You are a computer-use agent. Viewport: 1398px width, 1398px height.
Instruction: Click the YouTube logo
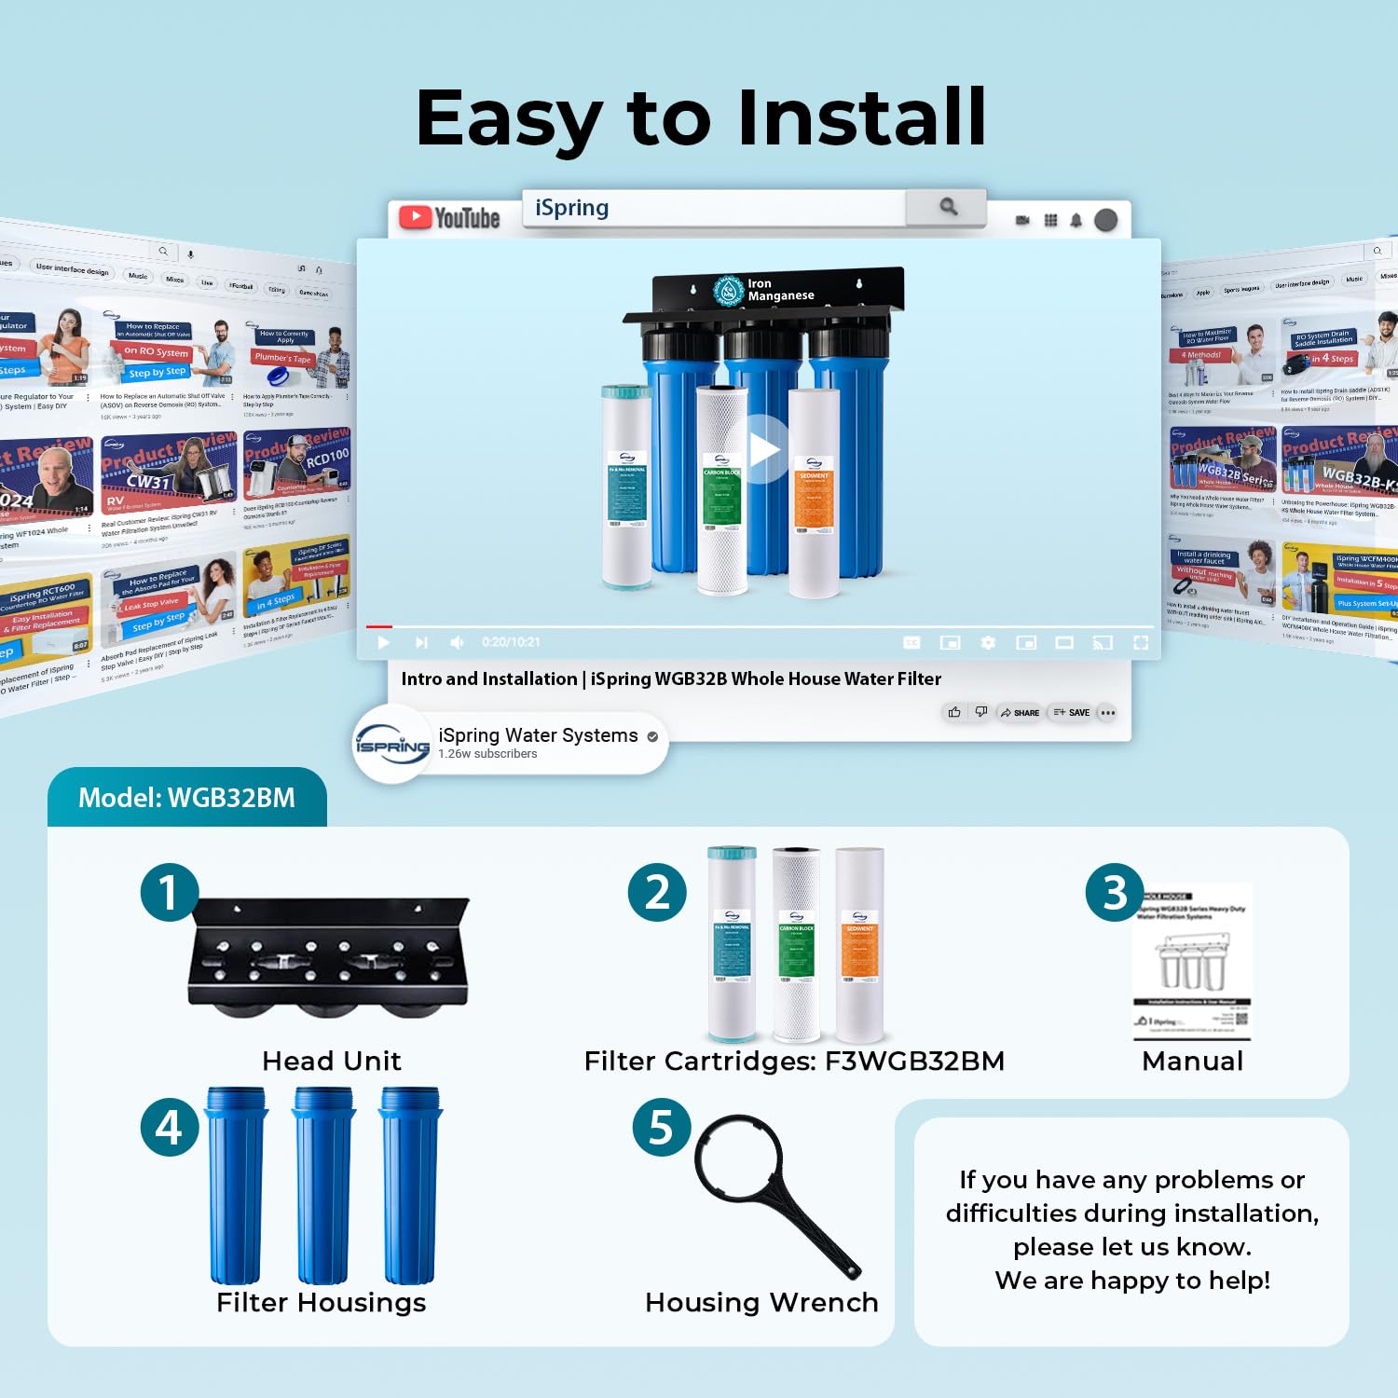449,218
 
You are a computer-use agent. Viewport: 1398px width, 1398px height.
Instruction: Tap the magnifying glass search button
948,207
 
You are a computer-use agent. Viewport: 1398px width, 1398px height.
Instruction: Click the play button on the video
763,449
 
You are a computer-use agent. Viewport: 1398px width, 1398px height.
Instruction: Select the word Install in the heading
861,118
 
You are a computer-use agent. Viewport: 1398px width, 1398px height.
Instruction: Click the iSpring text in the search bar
571,208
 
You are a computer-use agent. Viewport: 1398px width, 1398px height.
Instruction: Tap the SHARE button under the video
1020,712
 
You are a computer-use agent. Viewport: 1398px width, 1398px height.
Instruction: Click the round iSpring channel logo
391,745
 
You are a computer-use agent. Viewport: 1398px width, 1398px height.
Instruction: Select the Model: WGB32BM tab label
186,798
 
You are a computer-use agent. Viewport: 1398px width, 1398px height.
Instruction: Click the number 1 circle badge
169,892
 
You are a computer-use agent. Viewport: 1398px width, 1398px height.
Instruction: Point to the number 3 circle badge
1115,892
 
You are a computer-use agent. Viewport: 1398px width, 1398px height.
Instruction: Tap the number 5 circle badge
661,1127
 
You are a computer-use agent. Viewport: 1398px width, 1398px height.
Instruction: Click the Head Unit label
332,1061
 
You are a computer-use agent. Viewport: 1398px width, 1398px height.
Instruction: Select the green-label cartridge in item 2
796,943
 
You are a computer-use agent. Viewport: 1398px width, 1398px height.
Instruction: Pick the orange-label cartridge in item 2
859,943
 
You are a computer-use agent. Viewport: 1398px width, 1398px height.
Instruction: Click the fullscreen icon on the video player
1140,642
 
